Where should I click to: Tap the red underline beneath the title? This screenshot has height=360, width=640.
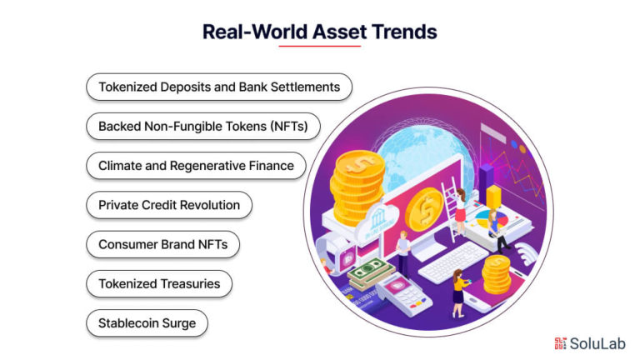tap(320, 46)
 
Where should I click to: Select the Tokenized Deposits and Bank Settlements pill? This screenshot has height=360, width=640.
tap(219, 87)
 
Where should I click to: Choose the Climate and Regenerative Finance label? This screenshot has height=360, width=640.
tap(196, 166)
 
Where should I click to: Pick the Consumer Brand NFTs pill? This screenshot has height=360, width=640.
tap(162, 244)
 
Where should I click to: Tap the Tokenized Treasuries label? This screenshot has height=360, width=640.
tap(159, 283)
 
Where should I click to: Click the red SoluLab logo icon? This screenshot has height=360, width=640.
tap(560, 343)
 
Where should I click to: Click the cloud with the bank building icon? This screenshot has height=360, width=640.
tap(377, 222)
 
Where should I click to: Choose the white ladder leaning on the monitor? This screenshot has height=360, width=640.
tap(451, 208)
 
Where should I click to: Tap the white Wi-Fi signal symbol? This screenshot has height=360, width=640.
tap(526, 252)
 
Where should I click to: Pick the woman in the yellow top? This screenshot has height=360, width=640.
tap(459, 292)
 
